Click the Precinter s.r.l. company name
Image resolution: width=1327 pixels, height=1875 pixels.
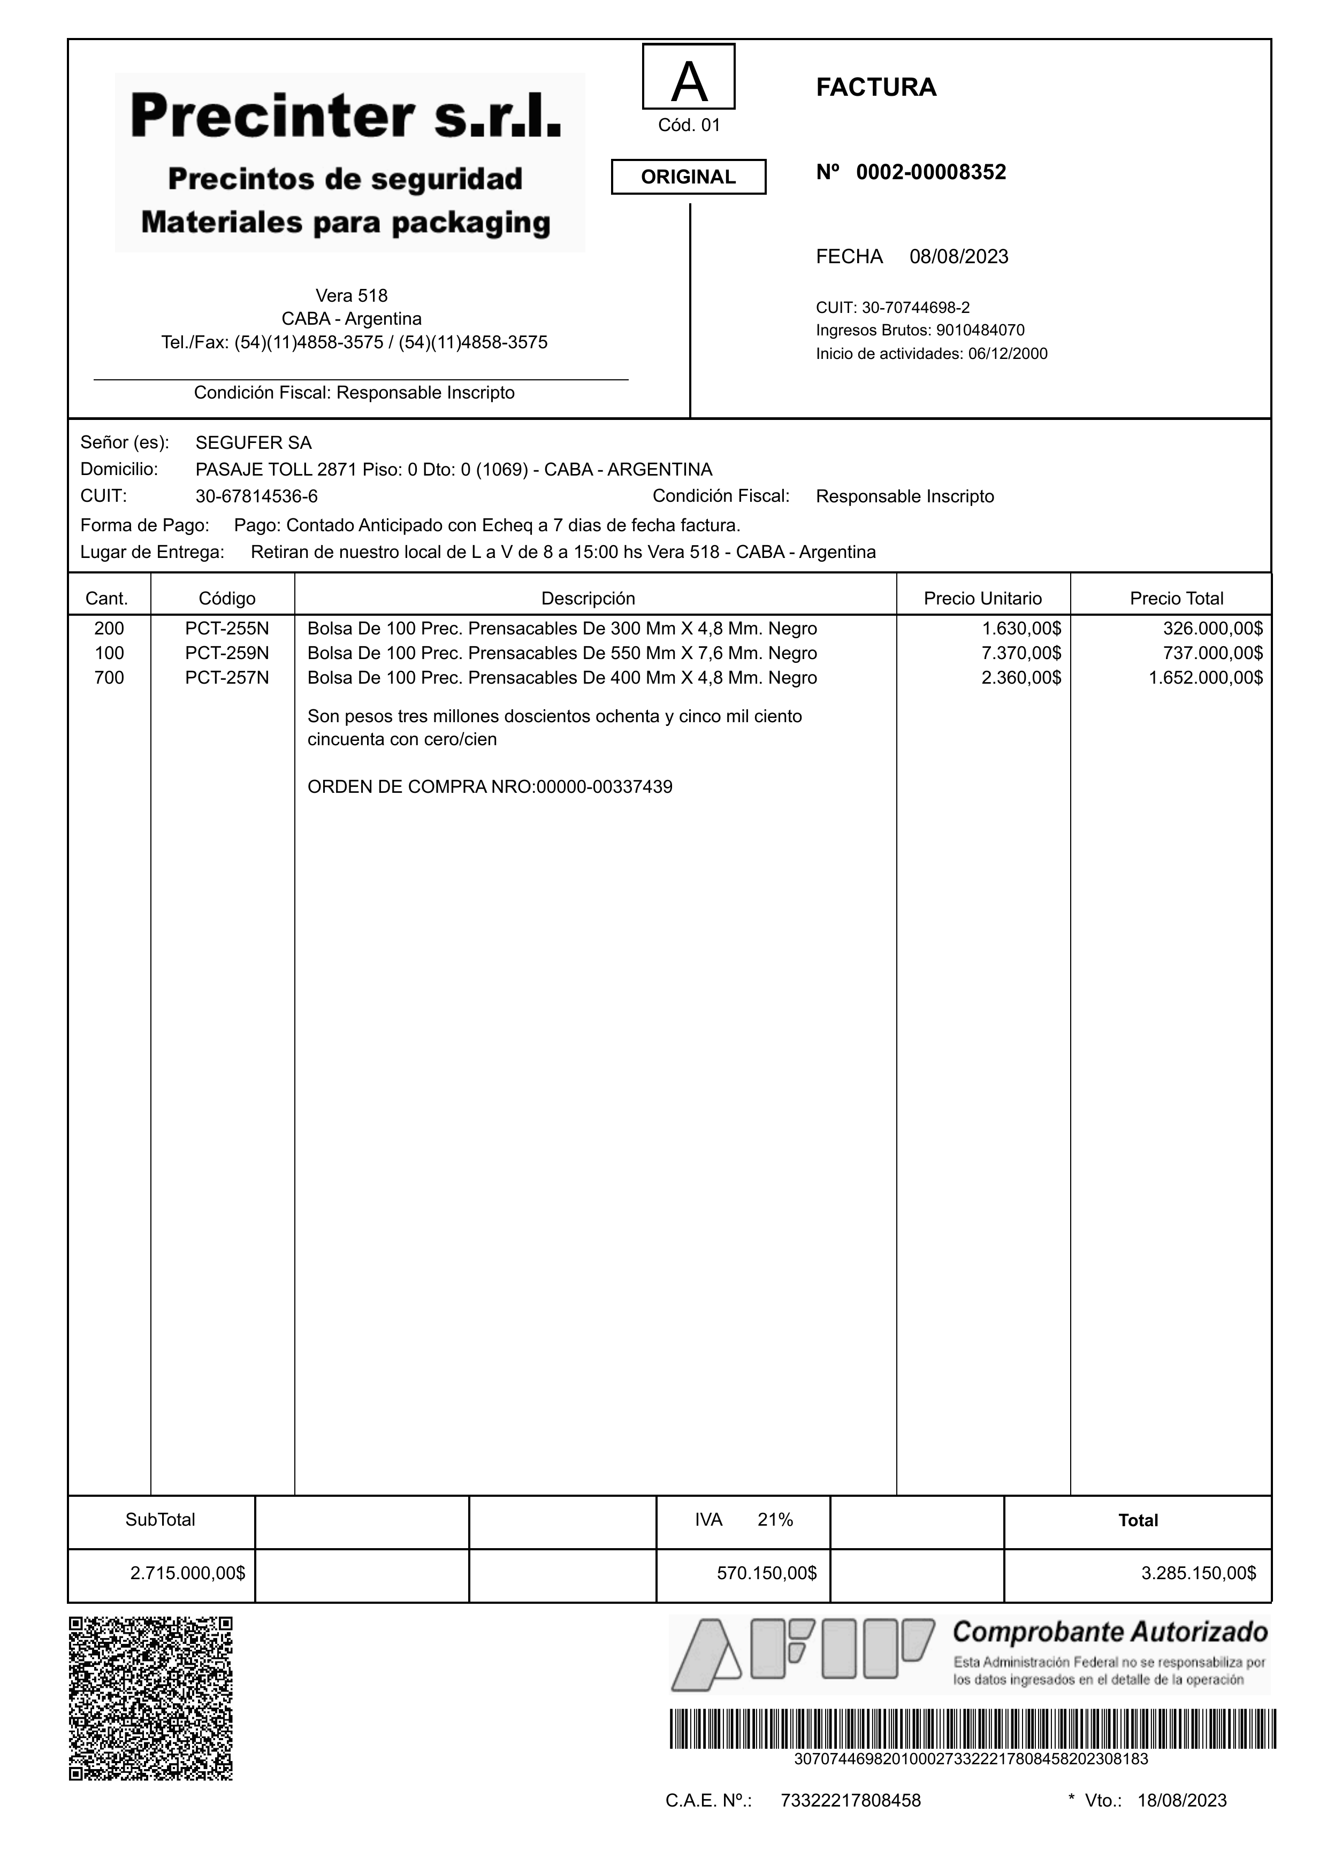pos(346,117)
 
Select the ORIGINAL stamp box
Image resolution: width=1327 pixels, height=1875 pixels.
pos(688,177)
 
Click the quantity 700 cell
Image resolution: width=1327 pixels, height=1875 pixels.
pos(110,677)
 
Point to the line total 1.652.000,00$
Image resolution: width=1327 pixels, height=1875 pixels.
pos(1205,677)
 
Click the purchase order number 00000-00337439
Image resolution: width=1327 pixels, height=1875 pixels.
pos(604,787)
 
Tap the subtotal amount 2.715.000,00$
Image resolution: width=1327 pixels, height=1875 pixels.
pos(187,1573)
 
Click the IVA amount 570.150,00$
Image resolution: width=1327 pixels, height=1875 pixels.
pos(766,1573)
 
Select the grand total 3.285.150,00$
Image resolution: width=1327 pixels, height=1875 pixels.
pos(1198,1573)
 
